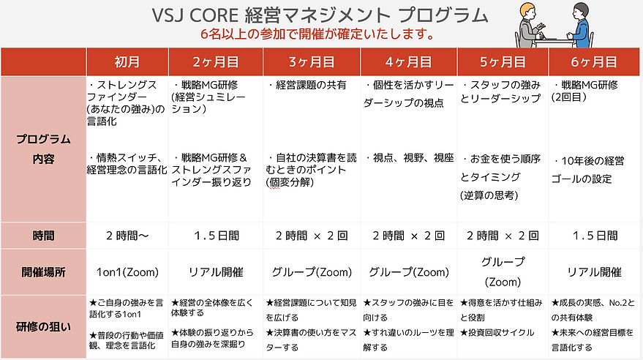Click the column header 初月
[x=127, y=61]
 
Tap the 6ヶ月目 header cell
[x=594, y=61]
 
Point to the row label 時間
[x=43, y=236]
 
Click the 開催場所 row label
[x=43, y=271]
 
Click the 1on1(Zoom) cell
[x=127, y=272]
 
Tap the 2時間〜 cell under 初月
[x=127, y=236]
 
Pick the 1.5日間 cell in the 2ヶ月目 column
[x=217, y=236]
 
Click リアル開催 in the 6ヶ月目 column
[x=594, y=272]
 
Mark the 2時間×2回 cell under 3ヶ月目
[x=312, y=236]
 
